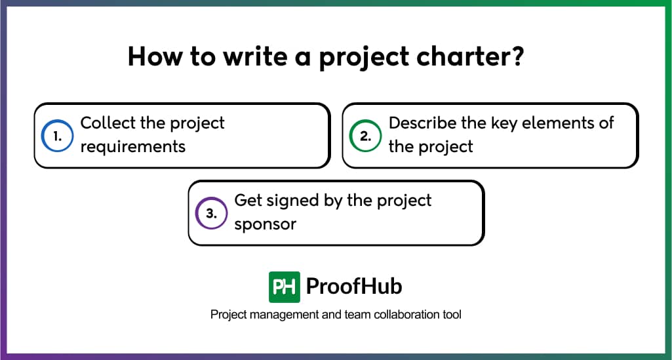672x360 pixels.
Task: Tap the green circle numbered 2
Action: click(365, 136)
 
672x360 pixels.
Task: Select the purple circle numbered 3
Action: click(211, 213)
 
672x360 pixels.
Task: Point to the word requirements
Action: click(133, 146)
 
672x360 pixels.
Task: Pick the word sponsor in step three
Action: click(266, 224)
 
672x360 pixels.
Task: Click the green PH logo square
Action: click(285, 287)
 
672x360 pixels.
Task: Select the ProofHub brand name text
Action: click(354, 287)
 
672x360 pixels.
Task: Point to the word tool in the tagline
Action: click(452, 315)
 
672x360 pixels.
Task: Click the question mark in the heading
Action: click(516, 58)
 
